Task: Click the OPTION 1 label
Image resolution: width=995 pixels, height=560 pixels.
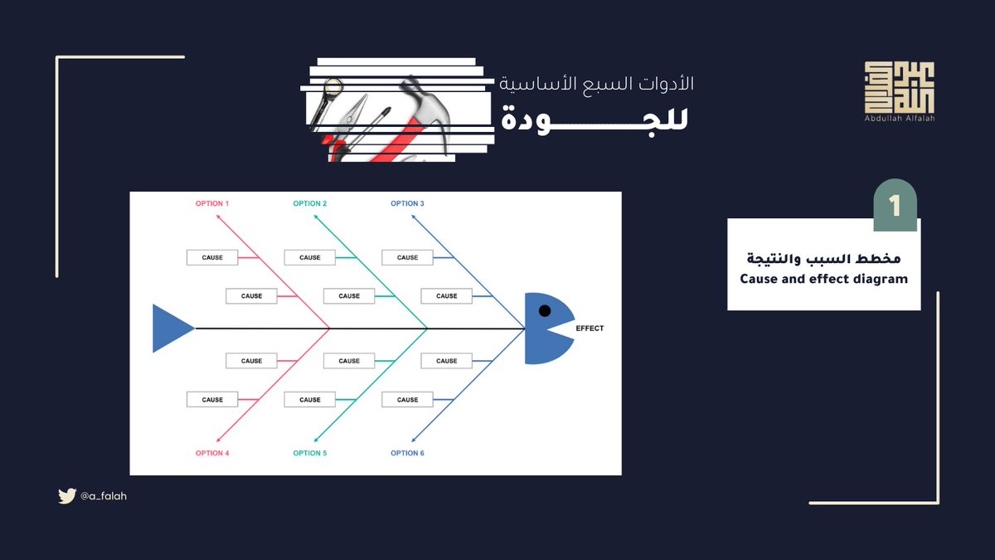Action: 211,203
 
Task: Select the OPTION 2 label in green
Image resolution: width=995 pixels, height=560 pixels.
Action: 309,203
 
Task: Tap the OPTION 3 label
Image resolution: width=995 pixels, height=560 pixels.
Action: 407,203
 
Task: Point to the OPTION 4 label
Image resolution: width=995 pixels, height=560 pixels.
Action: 211,453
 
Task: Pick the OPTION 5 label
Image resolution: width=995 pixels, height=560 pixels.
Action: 309,453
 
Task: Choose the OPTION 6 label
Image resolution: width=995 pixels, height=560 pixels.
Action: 407,453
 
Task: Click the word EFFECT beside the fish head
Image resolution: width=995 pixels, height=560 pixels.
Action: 590,329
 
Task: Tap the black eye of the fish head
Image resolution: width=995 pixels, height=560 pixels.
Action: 544,310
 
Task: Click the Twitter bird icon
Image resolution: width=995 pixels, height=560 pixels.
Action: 66,496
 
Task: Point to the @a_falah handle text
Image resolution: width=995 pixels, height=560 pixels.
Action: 104,496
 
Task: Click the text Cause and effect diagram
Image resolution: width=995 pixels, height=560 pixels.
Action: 823,279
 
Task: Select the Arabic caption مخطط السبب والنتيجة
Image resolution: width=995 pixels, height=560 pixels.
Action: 823,259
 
